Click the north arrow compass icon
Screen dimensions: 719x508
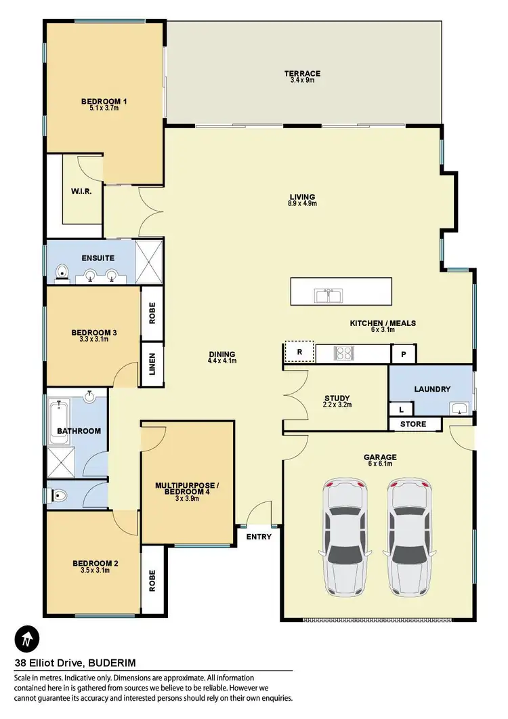coord(26,638)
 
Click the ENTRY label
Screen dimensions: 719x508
coord(259,537)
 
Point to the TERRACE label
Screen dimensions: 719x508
coord(302,74)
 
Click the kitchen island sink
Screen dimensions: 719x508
coord(328,295)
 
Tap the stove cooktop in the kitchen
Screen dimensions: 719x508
coord(343,353)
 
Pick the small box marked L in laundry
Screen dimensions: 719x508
coord(400,409)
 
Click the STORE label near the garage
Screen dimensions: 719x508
coord(413,424)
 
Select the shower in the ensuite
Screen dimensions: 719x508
coord(149,259)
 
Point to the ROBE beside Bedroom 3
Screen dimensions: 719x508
coord(152,312)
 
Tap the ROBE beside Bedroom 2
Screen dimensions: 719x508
coord(152,579)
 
